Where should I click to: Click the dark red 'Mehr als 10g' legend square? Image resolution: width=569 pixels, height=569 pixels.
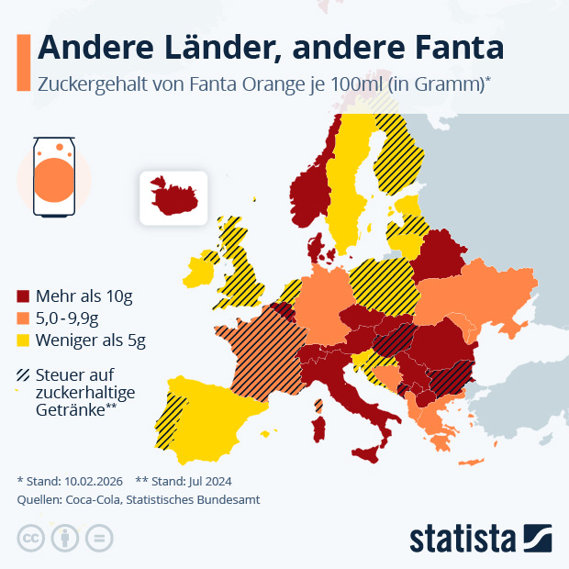(24, 296)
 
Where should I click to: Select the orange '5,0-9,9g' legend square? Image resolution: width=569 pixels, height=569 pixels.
(24, 318)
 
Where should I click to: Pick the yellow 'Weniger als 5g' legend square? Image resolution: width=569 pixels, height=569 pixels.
(24, 340)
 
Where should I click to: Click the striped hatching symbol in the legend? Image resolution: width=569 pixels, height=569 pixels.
(24, 374)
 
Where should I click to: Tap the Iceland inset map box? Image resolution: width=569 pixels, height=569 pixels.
(173, 196)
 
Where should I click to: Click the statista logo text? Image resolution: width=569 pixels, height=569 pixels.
(463, 538)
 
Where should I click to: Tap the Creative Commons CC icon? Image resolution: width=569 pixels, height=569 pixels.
(31, 538)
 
